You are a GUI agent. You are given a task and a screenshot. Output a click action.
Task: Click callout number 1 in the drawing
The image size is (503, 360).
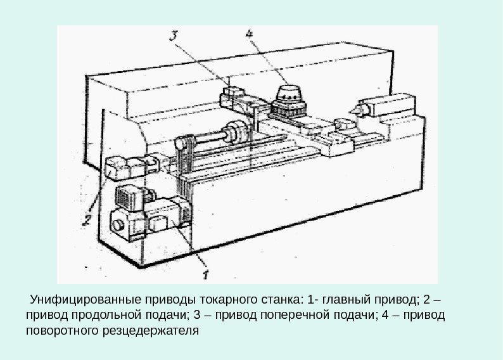[x=205, y=274]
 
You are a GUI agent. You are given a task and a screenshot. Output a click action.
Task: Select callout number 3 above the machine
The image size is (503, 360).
[x=174, y=37]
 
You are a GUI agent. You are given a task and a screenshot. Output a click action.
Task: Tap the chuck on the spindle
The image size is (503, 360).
[x=239, y=132]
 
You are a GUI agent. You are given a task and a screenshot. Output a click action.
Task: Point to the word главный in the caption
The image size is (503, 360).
[x=347, y=298]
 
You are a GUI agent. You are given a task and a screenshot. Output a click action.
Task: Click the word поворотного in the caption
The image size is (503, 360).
[x=60, y=331]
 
